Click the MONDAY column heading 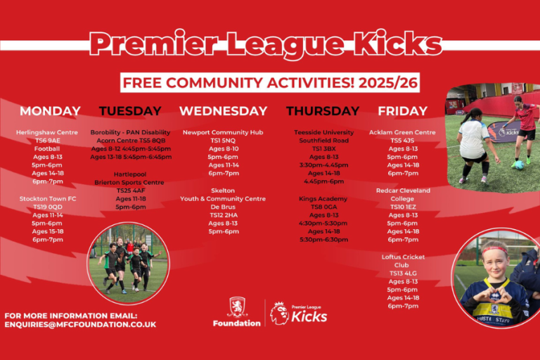pyautogui.click(x=50, y=111)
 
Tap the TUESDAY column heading pyautogui.click(x=130, y=111)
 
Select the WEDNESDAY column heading pyautogui.click(x=223, y=111)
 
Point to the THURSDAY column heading pyautogui.click(x=323, y=111)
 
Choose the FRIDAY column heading pyautogui.click(x=402, y=111)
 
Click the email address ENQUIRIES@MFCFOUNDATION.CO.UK pyautogui.click(x=80, y=325)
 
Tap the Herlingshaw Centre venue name pyautogui.click(x=48, y=132)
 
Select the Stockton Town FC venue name pyautogui.click(x=48, y=198)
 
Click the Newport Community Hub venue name pyautogui.click(x=223, y=132)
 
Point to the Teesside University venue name pyautogui.click(x=323, y=132)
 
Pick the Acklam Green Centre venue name pyautogui.click(x=402, y=132)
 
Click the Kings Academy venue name pyautogui.click(x=323, y=198)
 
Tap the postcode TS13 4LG pyautogui.click(x=402, y=273)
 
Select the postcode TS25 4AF pyautogui.click(x=130, y=190)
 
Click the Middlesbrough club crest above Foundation pyautogui.click(x=238, y=307)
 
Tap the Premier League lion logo pyautogui.click(x=279, y=313)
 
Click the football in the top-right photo pyautogui.click(x=517, y=165)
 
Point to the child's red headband pyautogui.click(x=494, y=250)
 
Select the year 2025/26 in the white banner pyautogui.click(x=388, y=83)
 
